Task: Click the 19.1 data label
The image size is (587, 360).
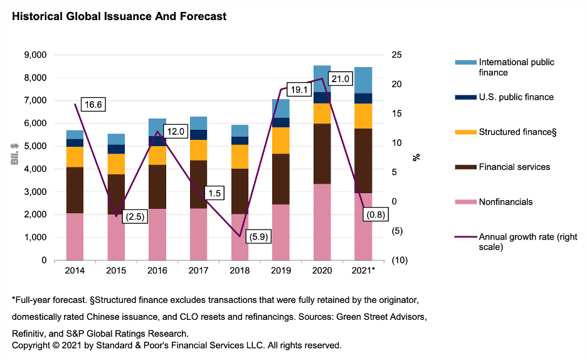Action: (299, 90)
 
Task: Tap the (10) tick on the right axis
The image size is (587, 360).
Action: (401, 260)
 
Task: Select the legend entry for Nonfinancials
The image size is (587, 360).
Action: (505, 202)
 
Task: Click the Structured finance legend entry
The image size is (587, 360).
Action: (517, 132)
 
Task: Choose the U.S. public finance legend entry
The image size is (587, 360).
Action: (516, 97)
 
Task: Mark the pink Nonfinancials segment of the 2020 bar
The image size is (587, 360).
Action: (322, 222)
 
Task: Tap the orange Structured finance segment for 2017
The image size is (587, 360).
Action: (199, 150)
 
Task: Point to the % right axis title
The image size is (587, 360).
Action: (416, 157)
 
